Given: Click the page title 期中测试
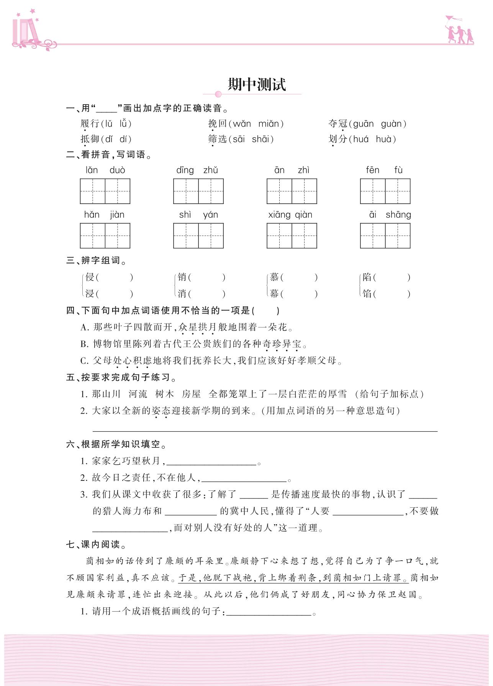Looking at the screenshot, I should pos(256,85).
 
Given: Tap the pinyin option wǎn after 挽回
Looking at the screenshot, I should pos(241,124).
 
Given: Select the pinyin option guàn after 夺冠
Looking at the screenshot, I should pos(391,124).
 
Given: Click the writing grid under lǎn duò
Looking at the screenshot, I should pos(105,191).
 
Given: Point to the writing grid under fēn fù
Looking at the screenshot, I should pos(385,191).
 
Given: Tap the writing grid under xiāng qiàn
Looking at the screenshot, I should pos(292,235).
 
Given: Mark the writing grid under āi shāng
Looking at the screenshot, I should pos(385,235).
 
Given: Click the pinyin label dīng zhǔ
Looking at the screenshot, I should pos(197,170).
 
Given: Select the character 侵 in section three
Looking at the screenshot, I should pos(90,277).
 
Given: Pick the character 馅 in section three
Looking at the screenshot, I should pos(367,294).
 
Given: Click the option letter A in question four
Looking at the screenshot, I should pos(84,327).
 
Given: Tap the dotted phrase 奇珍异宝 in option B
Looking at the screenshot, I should pos(282,344).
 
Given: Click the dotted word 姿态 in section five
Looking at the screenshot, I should pos(161,411).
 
